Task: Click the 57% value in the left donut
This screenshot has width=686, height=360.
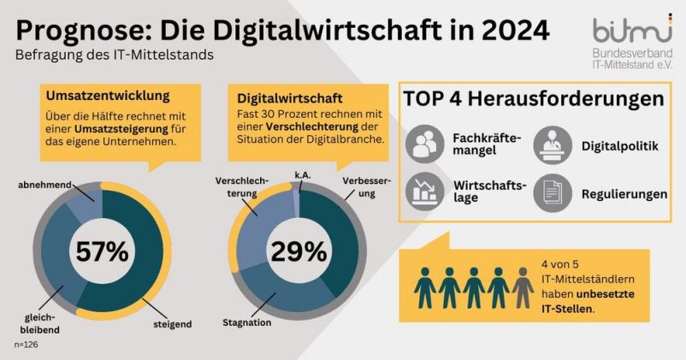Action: point(102,251)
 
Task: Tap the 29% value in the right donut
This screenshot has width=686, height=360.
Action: point(299,251)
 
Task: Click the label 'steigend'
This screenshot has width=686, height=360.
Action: point(172,324)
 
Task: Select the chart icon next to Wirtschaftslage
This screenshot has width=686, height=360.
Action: point(424,193)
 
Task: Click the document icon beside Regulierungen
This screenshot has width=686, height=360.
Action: point(553,193)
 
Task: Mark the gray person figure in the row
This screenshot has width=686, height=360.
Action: point(523,286)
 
